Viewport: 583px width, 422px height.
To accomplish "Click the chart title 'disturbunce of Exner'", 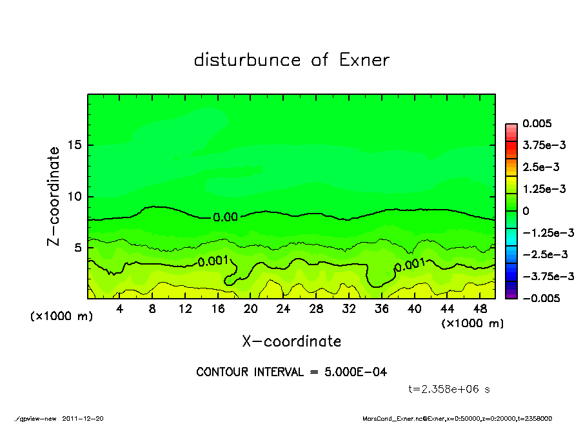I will pos(291,61).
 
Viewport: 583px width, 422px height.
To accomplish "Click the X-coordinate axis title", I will pos(291,341).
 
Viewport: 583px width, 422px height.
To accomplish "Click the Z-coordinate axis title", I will pos(54,196).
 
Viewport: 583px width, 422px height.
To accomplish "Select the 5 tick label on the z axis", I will pos(78,247).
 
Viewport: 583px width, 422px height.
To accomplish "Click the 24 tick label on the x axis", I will pos(283,309).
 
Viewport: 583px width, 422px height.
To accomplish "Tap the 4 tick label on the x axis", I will pos(120,309).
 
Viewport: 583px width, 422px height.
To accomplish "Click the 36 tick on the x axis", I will pos(381,309).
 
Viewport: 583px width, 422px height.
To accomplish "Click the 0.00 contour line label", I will pos(226,217).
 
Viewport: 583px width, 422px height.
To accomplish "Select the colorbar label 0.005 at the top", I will pos(537,124).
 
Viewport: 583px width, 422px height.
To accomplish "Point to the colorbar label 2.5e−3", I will pos(540,167).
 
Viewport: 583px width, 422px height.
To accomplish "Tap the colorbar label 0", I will pos(526,211).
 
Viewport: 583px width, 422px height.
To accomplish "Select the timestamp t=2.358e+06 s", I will pos(451,389).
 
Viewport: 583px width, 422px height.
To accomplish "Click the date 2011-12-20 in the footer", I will pos(83,418).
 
